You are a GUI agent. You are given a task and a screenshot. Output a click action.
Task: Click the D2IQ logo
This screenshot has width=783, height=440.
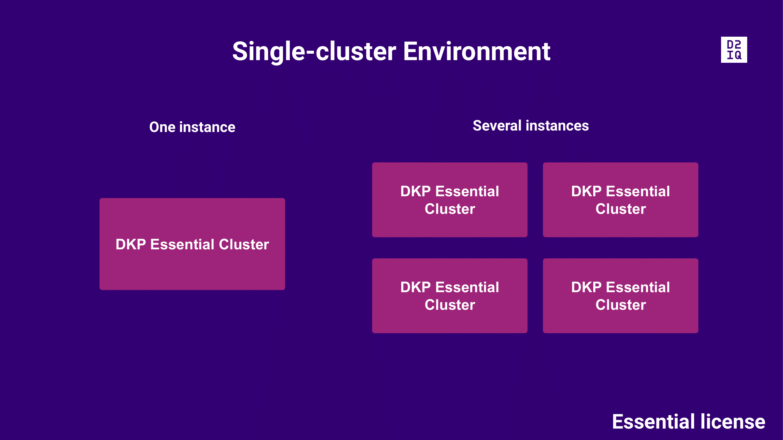pyautogui.click(x=734, y=50)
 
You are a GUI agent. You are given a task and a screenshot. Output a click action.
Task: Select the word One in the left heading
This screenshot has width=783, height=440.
pyautogui.click(x=162, y=127)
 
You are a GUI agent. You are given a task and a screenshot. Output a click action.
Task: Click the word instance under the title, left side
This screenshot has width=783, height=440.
pyautogui.click(x=207, y=127)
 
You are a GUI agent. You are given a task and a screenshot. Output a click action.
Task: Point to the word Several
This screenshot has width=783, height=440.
pyautogui.click(x=497, y=126)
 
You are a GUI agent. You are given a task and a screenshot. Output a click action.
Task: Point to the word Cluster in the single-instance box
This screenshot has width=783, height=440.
pyautogui.click(x=244, y=244)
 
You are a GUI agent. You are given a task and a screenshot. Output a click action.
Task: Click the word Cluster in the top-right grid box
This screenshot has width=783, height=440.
pyautogui.click(x=620, y=209)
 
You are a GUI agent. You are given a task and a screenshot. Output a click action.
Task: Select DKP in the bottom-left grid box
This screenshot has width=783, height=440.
pyautogui.click(x=415, y=287)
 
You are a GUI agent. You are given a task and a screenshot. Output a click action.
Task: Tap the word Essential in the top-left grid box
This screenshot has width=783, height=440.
pyautogui.click(x=467, y=191)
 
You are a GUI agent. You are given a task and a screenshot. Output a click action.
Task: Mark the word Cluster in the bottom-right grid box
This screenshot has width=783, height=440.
pyautogui.click(x=620, y=305)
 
